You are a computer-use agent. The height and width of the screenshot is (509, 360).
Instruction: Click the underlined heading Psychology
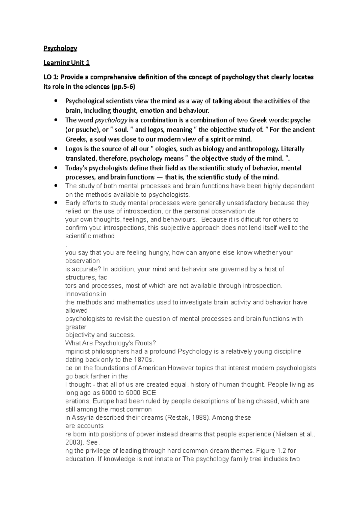[60, 48]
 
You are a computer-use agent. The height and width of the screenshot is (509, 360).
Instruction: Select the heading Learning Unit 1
[66, 63]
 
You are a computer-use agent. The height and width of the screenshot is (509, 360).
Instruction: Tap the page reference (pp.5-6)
[123, 87]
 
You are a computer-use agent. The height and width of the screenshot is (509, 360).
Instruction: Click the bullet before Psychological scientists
[55, 101]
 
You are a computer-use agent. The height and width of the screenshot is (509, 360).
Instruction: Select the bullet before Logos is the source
[55, 149]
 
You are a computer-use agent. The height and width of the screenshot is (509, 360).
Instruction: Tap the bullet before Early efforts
[55, 203]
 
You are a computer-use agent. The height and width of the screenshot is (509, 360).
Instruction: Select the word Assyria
[85, 418]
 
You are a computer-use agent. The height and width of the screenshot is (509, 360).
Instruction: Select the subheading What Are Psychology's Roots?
[111, 343]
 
